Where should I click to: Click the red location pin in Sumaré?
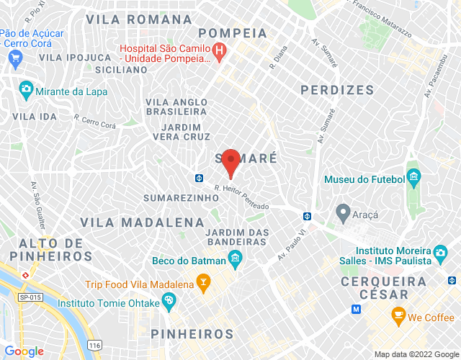pos(230,161)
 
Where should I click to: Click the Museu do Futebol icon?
pos(413,176)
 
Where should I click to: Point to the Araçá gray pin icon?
pos(343,212)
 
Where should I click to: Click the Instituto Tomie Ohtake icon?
pos(169,302)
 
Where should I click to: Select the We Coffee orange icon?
pos(397,315)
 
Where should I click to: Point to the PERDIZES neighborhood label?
pos(337,90)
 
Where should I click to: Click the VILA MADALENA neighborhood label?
pos(142,222)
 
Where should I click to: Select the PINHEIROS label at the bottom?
pos(192,334)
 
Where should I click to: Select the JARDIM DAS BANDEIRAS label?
pos(238,238)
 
